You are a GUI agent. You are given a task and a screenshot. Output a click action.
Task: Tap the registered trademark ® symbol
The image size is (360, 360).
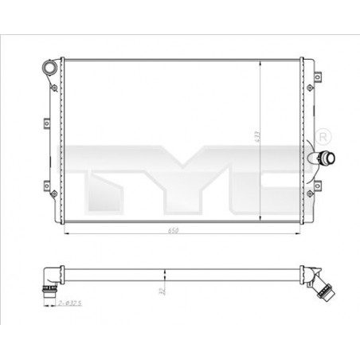(322, 132)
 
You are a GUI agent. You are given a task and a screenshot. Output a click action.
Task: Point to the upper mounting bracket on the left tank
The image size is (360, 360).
(42, 120)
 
